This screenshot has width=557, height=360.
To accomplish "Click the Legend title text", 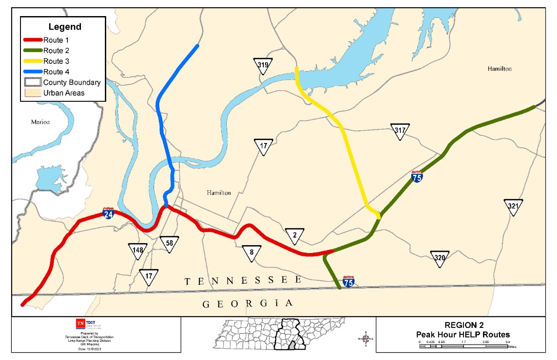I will coord(64,27).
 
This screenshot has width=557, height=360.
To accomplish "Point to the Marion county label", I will coord(40,122).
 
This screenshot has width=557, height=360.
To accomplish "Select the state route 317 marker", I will coord(400,131).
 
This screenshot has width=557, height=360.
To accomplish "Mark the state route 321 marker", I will coord(513,207).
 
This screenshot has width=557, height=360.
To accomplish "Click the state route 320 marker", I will coord(440,258).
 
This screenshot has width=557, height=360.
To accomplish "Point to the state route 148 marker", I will coord(138,251).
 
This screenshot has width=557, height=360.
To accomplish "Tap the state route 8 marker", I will coord(252,253).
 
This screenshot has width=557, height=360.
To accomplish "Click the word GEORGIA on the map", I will coord(248,303).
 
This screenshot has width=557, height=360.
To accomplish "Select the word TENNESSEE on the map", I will coord(243,281).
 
